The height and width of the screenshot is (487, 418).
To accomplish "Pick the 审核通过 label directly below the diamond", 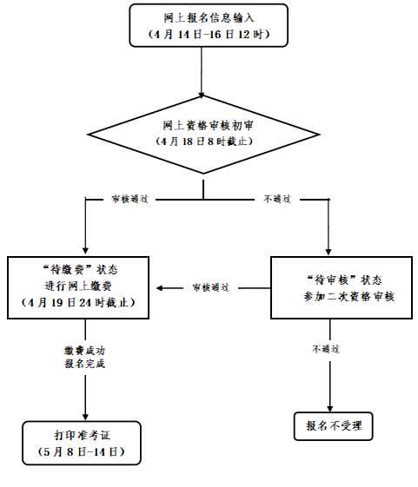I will [130, 200].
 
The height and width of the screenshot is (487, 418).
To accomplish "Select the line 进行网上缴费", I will [85, 286].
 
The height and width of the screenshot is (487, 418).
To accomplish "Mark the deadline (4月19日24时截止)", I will [85, 303].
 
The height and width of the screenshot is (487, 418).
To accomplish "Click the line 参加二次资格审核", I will [343, 297].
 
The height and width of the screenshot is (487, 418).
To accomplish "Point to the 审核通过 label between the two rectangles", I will [209, 287].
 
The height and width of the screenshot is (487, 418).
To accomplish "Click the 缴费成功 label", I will [85, 350].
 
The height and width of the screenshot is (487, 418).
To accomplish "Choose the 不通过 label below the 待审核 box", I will [326, 349].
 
